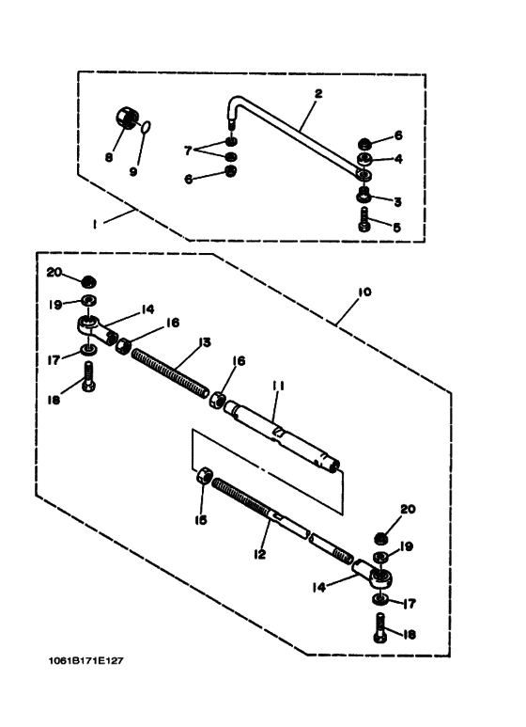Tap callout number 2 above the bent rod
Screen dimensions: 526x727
coord(318,94)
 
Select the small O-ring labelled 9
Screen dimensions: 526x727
coord(146,127)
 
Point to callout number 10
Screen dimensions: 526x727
coord(364,292)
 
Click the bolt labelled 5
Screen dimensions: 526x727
coord(364,219)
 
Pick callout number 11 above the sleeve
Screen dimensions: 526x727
coord(278,386)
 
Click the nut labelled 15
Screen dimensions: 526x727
coord(203,477)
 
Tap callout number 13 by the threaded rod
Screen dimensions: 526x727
coord(204,342)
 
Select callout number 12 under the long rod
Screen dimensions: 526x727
coord(260,554)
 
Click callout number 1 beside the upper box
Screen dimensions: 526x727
coord(95,225)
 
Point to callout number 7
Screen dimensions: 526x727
coord(188,150)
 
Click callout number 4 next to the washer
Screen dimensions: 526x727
coord(397,159)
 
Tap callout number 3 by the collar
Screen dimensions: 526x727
coord(397,202)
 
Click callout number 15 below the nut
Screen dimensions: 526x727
coord(200,520)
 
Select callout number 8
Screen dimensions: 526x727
coord(109,158)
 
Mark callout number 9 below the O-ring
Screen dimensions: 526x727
coord(133,171)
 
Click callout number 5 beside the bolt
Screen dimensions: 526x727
coord(396,228)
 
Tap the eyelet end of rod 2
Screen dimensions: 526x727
coord(364,174)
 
